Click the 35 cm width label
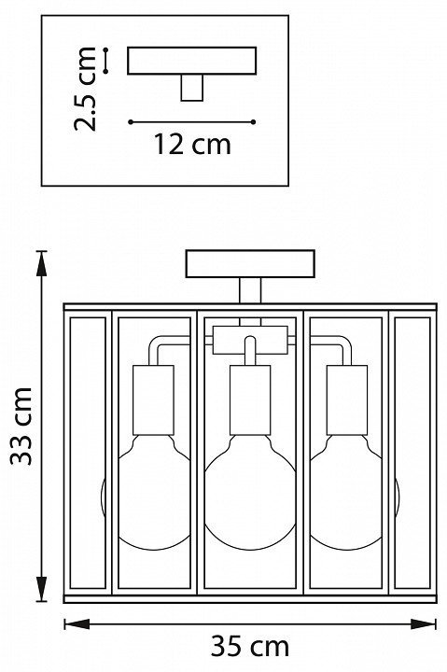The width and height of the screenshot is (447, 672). [x=250, y=647]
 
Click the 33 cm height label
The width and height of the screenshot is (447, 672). [x=21, y=426]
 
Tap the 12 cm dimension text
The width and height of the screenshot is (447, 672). [x=192, y=144]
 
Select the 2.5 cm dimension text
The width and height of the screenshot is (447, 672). [x=85, y=89]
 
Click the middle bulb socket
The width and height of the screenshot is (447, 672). [x=250, y=399]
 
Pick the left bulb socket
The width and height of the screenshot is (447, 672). [x=153, y=399]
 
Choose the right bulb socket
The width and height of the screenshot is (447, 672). [x=347, y=399]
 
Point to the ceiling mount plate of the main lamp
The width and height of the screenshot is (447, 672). [x=250, y=263]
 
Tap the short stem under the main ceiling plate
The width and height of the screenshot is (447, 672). [x=250, y=290]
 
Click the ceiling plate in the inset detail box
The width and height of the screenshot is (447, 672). [x=192, y=61]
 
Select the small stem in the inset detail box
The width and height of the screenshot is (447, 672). [x=192, y=88]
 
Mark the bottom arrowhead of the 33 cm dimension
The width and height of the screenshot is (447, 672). [x=41, y=588]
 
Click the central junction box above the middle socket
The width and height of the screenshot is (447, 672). [x=250, y=340]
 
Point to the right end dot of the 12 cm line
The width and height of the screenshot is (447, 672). [x=253, y=122]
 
